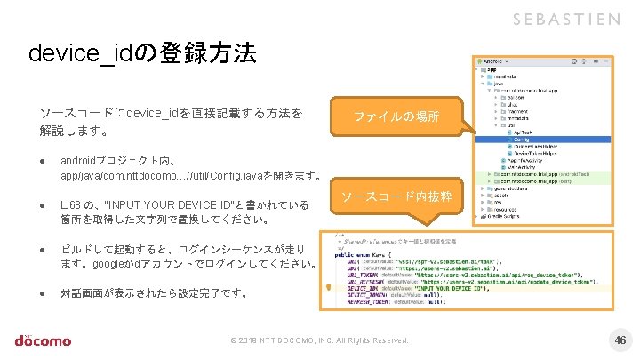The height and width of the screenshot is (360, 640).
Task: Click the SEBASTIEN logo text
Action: pyautogui.click(x=567, y=20)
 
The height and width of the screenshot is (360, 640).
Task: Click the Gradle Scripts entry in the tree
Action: pyautogui.click(x=508, y=213)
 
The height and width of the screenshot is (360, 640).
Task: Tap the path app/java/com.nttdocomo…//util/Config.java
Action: pyautogui.click(x=169, y=177)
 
